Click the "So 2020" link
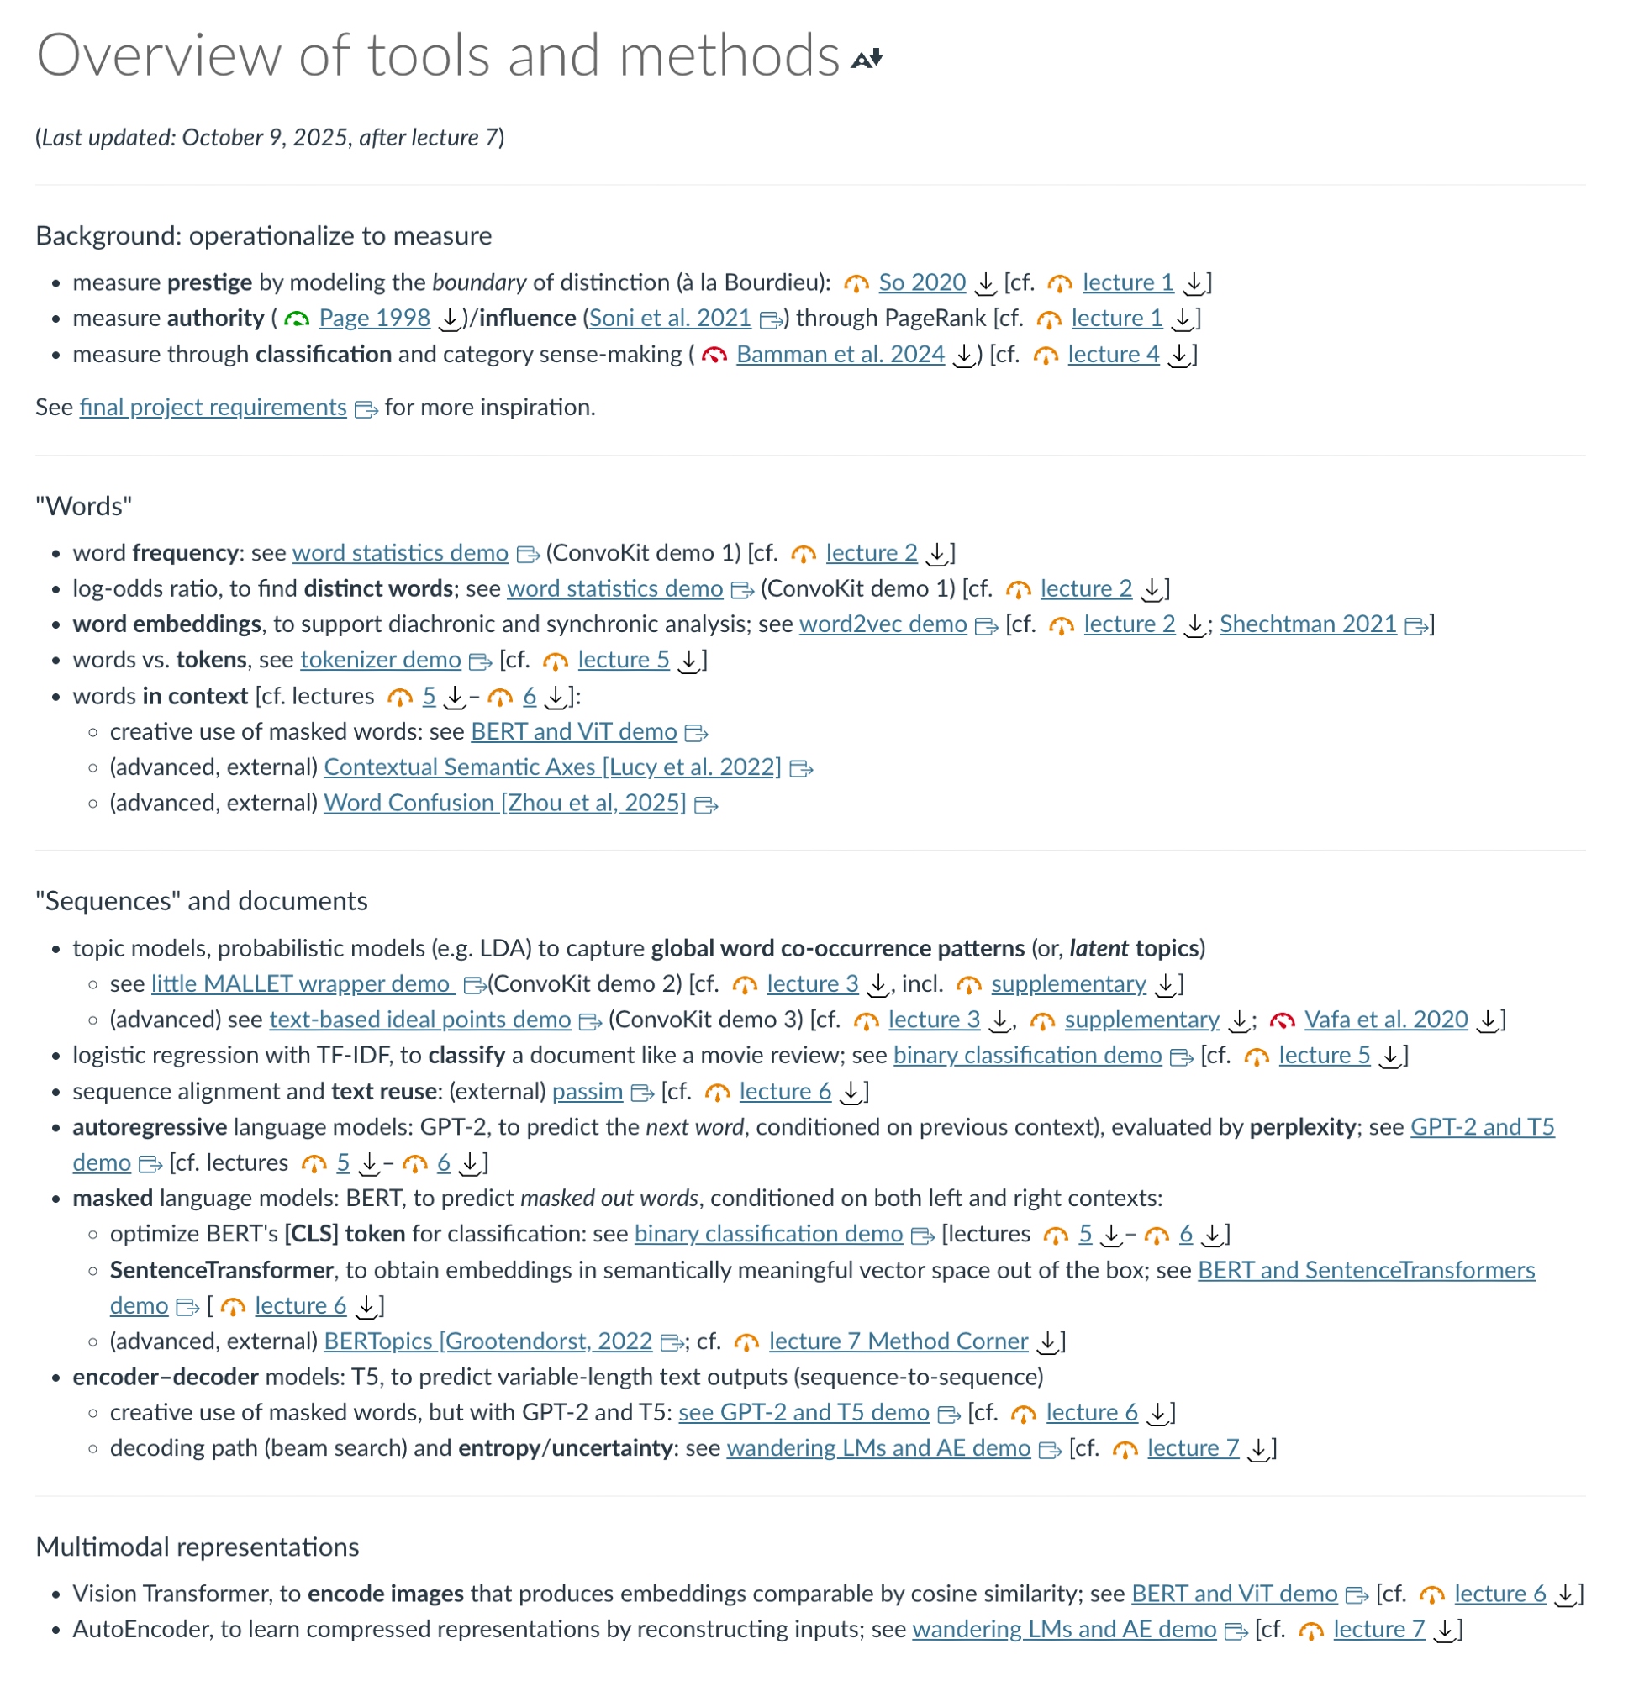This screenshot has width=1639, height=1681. pyautogui.click(x=922, y=282)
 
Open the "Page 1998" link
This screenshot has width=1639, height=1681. pyautogui.click(x=375, y=319)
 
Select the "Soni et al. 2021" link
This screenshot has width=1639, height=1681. pyautogui.click(x=670, y=319)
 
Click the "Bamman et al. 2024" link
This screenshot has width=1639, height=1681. pyautogui.click(x=841, y=355)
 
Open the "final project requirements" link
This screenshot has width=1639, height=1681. pyautogui.click(x=213, y=407)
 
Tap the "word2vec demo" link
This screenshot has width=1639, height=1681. pyautogui.click(x=883, y=624)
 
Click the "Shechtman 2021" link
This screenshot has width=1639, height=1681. pyautogui.click(x=1308, y=624)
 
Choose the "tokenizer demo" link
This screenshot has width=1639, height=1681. pyautogui.click(x=381, y=660)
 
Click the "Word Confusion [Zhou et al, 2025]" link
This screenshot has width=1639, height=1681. pyautogui.click(x=504, y=803)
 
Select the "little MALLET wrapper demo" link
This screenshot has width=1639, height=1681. pyautogui.click(x=301, y=984)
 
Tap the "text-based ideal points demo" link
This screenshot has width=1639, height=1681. pyautogui.click(x=420, y=1020)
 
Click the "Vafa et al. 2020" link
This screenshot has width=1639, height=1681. pyautogui.click(x=1386, y=1020)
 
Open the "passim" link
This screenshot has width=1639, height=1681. pyautogui.click(x=587, y=1092)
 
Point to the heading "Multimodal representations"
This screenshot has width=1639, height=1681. pyautogui.click(x=198, y=1547)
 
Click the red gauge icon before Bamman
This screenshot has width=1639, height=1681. pyautogui.click(x=714, y=356)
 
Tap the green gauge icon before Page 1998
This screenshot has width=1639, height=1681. pyautogui.click(x=297, y=319)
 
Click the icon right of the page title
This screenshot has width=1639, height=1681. pyautogui.click(x=867, y=59)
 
